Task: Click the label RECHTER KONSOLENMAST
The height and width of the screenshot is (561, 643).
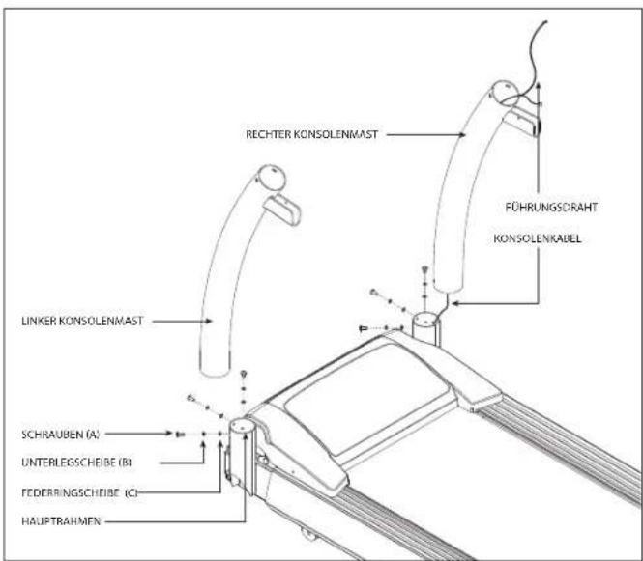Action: click(311, 134)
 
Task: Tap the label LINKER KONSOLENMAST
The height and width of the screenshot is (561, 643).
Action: click(82, 321)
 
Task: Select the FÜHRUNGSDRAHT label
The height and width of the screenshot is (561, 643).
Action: click(551, 208)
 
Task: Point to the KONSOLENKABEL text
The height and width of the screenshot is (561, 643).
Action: click(538, 238)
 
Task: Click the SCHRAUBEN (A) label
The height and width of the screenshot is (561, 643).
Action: click(60, 435)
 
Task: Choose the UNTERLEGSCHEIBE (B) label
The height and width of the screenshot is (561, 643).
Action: click(76, 463)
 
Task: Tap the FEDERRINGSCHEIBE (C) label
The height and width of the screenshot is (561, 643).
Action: click(79, 492)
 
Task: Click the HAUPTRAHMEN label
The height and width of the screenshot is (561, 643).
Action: click(61, 521)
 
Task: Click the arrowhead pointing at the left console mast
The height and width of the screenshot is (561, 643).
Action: click(208, 321)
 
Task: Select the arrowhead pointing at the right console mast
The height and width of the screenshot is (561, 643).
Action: click(461, 134)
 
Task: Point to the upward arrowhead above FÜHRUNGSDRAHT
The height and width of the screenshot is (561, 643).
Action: click(538, 85)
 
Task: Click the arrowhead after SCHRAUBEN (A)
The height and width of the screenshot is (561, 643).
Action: click(168, 434)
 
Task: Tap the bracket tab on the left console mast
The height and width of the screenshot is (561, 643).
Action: click(283, 210)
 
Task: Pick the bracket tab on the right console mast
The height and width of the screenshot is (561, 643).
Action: click(522, 121)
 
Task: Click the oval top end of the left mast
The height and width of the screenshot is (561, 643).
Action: click(271, 178)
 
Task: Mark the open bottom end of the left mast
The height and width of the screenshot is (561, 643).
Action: click(215, 372)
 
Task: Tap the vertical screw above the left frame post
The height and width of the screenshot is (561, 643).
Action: click(244, 374)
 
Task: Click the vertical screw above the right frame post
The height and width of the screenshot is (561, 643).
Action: click(424, 269)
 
